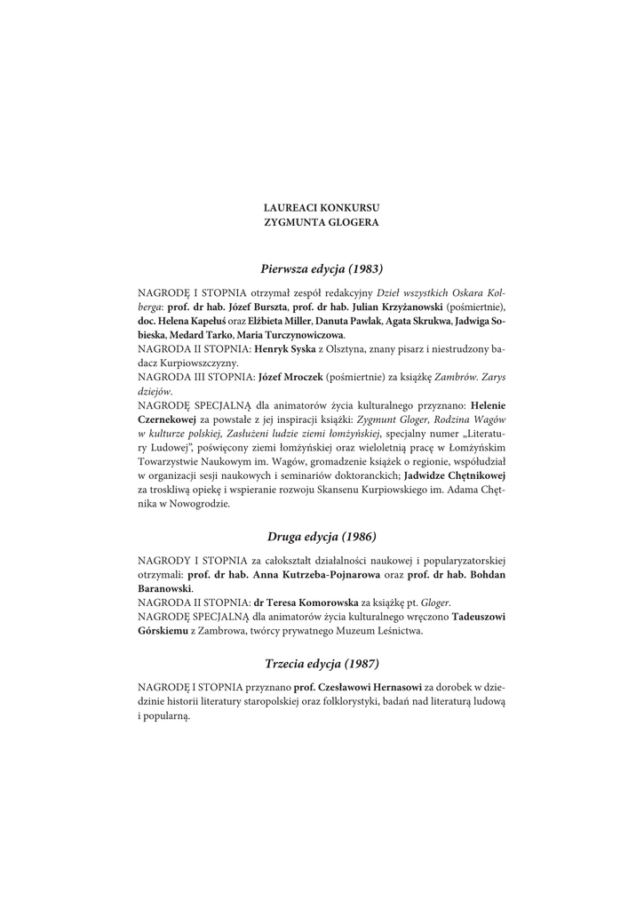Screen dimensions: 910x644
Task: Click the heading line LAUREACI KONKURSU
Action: tap(322, 207)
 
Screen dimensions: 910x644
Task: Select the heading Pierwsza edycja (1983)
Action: tap(322, 267)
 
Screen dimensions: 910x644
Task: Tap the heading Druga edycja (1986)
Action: tap(322, 537)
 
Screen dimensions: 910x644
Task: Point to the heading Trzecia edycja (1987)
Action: tap(322, 663)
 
